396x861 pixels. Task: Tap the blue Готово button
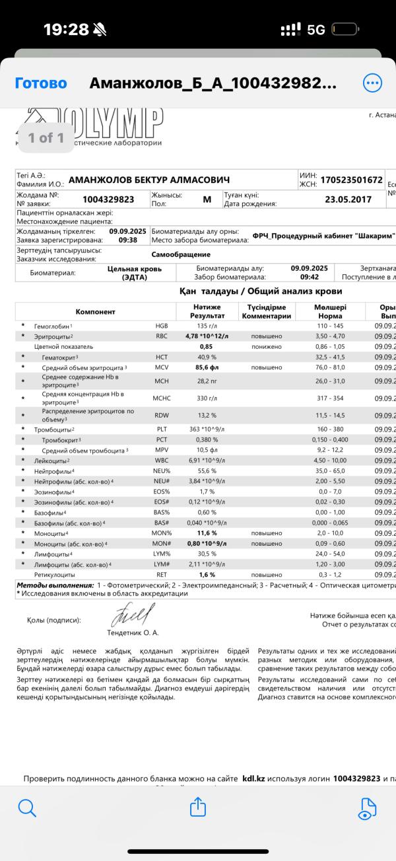[41, 83]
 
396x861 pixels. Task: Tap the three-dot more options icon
[372, 83]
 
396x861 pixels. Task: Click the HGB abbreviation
[162, 326]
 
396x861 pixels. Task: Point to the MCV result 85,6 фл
[198, 367]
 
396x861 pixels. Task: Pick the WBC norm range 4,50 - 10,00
[331, 460]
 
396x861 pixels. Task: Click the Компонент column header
[95, 311]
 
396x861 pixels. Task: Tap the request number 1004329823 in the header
[108, 199]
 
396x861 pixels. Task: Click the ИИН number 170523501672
[351, 180]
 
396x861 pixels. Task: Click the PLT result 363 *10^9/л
[198, 429]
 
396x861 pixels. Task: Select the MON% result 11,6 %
[198, 533]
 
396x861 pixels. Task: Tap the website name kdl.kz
[253, 778]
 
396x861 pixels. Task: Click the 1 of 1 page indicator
[46, 137]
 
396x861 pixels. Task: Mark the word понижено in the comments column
[267, 346]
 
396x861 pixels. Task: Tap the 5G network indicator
[317, 29]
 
